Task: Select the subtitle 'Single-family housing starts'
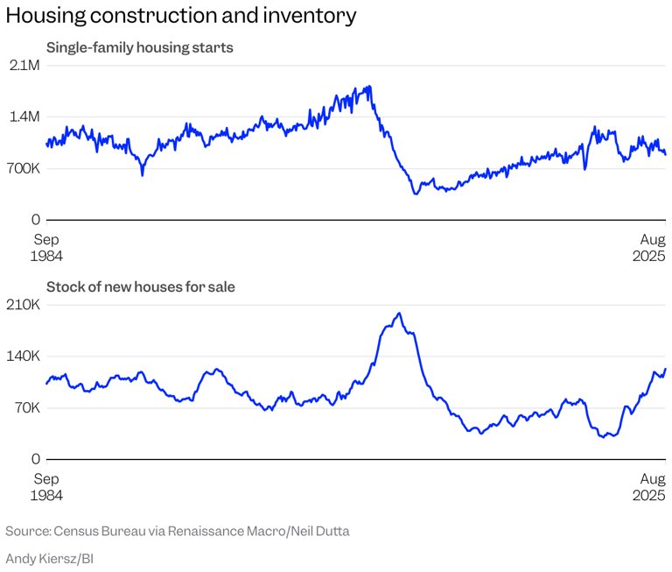coord(139,47)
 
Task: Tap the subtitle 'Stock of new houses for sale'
coord(140,286)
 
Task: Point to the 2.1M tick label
coord(24,66)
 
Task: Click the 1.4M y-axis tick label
coord(24,117)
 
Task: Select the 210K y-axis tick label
coord(24,305)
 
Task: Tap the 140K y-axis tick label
coord(24,356)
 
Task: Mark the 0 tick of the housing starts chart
coord(36,219)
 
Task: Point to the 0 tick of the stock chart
coord(36,458)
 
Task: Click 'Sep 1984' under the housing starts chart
coord(47,247)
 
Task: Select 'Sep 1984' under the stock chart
coord(47,486)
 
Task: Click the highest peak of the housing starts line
coord(370,86)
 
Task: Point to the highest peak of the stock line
coord(399,313)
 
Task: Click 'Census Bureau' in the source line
coord(93,531)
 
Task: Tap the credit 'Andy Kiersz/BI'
coord(50,557)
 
